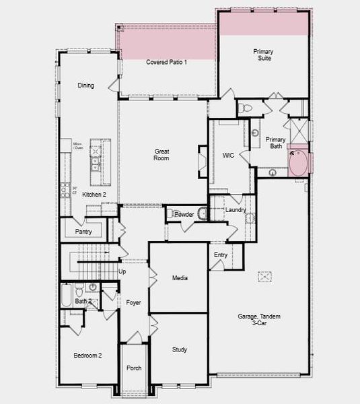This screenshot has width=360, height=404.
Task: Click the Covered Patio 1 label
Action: click(166, 62)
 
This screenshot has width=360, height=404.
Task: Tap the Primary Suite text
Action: click(263, 55)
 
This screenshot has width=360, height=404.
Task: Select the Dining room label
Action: click(85, 86)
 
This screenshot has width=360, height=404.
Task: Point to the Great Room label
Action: click(161, 155)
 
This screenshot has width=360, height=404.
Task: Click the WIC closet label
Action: click(228, 156)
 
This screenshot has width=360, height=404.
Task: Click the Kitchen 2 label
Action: click(94, 195)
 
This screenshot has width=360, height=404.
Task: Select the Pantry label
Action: click(83, 232)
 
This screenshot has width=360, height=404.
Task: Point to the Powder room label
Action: click(184, 214)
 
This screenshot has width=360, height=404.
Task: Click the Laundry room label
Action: click(236, 210)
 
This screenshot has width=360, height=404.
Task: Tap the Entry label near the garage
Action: click(221, 255)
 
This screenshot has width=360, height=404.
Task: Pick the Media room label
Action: click(180, 278)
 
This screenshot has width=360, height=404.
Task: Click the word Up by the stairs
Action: click(122, 272)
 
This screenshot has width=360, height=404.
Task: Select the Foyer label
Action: click(133, 303)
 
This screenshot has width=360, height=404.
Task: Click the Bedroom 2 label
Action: click(87, 355)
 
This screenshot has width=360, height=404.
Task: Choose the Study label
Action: click(180, 349)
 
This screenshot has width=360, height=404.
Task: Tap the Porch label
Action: click(134, 368)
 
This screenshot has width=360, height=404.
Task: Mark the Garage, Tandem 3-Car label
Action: click(259, 320)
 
